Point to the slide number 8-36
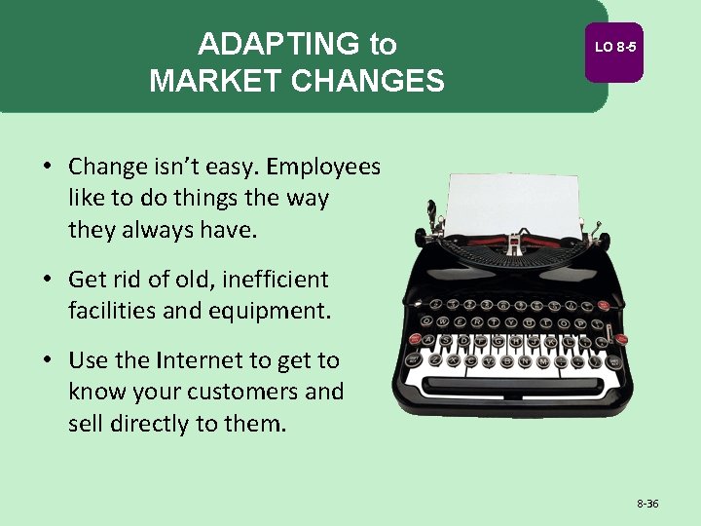click(647, 504)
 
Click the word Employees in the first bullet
click(323, 167)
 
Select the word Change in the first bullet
click(104, 167)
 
